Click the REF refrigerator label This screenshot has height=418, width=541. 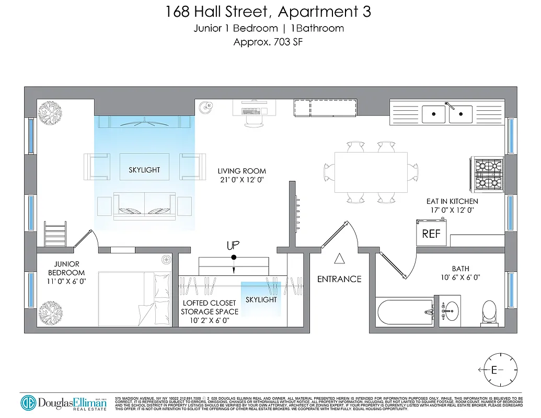point(431,234)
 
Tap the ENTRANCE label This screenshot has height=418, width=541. point(339,279)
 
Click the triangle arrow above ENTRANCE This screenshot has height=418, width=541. point(339,258)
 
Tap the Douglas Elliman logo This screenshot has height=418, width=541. point(63,402)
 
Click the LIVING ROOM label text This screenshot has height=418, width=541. point(241,171)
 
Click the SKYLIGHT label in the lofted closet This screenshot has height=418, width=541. point(261,300)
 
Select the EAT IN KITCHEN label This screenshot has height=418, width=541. point(452,201)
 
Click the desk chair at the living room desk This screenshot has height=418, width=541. point(254,120)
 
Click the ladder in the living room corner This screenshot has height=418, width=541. point(55,234)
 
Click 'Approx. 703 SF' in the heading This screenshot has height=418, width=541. point(268,42)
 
